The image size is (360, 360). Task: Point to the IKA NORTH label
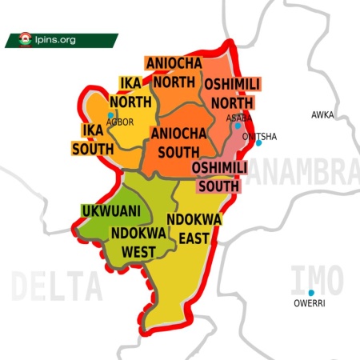point(130,92)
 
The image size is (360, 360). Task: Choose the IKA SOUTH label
point(93,139)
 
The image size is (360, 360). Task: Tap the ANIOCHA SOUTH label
point(180,142)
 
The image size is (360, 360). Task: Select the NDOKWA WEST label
point(138,242)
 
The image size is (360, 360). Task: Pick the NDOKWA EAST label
point(194,228)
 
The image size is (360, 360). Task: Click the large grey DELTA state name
point(58,284)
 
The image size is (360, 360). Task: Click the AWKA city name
point(322,115)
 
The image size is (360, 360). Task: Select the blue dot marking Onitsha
point(258,143)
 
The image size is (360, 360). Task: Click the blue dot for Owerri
point(311,294)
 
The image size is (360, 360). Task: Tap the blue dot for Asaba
point(238,126)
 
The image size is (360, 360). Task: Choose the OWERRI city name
point(310,304)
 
